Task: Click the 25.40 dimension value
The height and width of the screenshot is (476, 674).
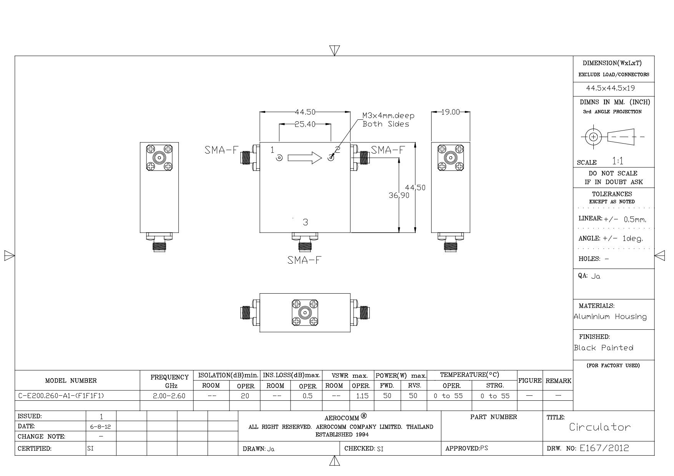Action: tap(305, 124)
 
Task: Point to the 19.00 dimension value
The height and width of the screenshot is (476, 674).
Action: tap(450, 112)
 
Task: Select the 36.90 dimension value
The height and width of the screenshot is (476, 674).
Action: tap(399, 195)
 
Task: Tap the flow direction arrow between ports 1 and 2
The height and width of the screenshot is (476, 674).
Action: tap(305, 158)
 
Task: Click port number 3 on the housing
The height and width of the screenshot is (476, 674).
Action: tap(305, 222)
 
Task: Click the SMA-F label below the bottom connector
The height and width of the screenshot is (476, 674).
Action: tap(304, 260)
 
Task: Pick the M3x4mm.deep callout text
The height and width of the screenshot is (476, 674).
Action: tap(388, 116)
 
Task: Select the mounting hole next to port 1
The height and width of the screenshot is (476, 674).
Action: tap(279, 158)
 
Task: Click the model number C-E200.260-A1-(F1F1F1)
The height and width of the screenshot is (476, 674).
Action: tap(61, 396)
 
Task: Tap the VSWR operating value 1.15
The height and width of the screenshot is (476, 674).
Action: tap(362, 396)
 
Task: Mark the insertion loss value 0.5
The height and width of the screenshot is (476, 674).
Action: tap(307, 396)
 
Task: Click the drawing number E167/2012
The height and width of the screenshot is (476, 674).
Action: tap(604, 448)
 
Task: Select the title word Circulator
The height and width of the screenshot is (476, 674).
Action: tap(600, 427)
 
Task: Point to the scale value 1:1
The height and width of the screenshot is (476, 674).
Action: tap(618, 161)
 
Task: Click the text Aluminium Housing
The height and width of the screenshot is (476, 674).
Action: tap(610, 317)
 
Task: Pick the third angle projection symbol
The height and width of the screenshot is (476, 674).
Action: tap(613, 137)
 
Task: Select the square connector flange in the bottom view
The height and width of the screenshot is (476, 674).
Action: tap(305, 312)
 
